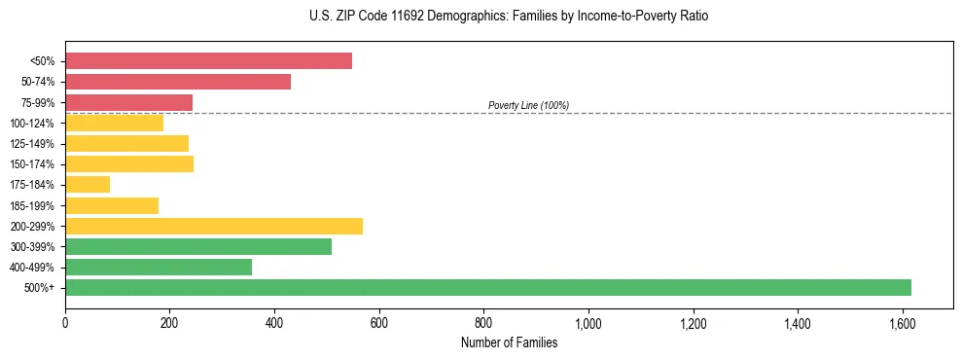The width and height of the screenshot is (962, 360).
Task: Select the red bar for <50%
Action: point(208,61)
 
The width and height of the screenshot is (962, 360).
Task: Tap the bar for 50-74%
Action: point(178,82)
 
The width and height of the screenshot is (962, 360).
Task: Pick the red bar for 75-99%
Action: point(128,102)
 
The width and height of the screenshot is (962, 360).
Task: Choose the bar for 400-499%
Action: point(159,267)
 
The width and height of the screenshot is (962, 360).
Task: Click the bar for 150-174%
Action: point(129,163)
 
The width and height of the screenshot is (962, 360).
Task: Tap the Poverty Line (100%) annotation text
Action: point(528,105)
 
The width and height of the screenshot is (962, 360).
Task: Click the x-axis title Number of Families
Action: point(509,342)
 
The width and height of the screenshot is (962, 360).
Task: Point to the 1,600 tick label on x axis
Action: point(902,323)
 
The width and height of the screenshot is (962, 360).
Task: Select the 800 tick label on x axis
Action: point(483,323)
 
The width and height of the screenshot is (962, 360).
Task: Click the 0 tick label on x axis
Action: point(65,323)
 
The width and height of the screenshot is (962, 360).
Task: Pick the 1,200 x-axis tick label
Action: point(693,323)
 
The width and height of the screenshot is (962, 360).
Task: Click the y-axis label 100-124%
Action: point(32,124)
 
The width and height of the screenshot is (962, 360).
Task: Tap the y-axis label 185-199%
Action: point(32,205)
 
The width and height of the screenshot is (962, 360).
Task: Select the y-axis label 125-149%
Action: point(32,144)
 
